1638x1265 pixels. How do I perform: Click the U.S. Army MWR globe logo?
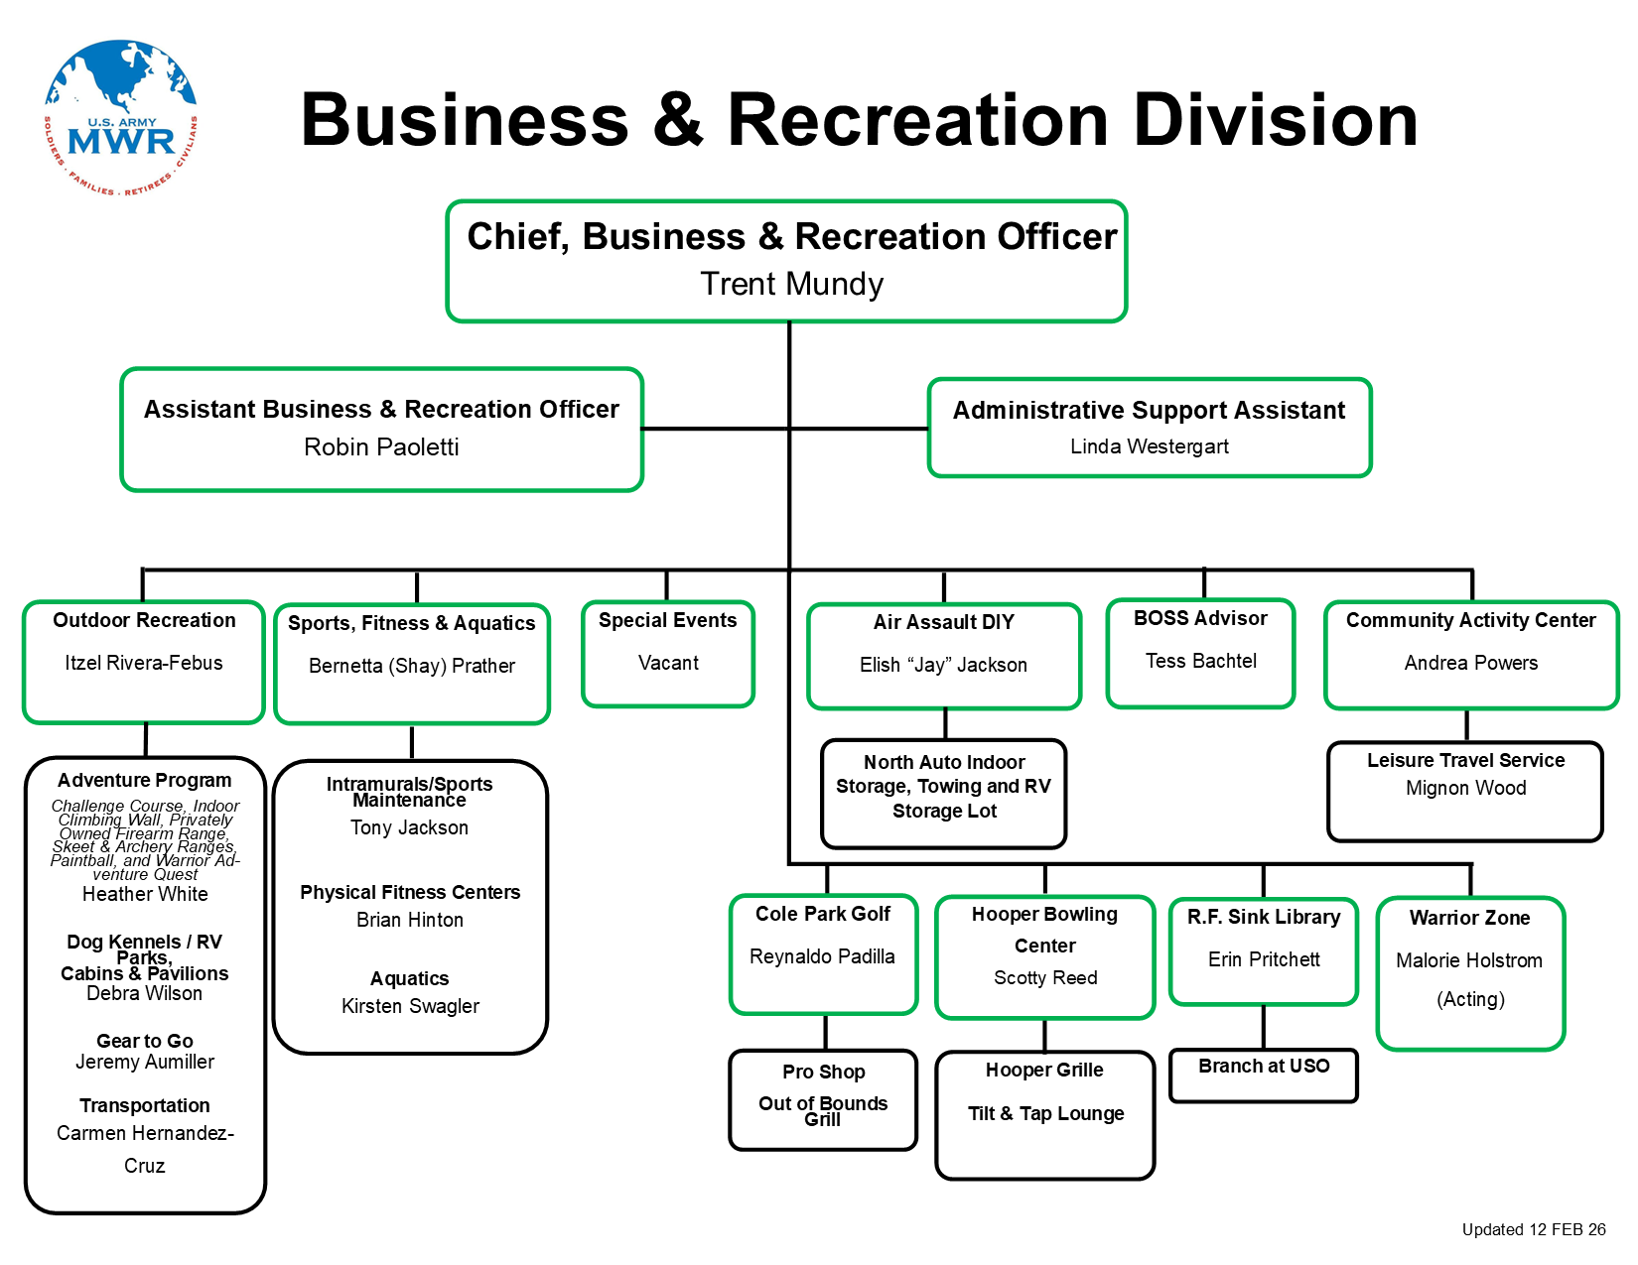120,117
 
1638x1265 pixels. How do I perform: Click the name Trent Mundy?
791,285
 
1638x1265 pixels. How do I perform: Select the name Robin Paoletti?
381,447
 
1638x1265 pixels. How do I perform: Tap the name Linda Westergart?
1149,446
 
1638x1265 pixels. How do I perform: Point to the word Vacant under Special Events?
668,663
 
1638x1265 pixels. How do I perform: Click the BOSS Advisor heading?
1200,618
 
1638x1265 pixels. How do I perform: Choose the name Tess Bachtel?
1200,661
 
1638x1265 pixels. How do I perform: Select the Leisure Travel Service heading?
1465,760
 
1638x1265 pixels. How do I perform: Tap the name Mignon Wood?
1465,788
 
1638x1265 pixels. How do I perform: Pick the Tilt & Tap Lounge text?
1045,1113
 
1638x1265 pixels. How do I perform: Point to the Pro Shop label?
823,1072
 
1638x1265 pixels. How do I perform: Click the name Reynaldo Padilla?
822,956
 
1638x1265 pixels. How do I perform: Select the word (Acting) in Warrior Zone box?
1470,999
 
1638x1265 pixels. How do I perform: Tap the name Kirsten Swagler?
410,1006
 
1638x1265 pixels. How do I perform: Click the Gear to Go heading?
145,1041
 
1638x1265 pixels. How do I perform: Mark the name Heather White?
145,894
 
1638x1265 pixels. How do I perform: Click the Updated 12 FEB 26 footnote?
1533,1229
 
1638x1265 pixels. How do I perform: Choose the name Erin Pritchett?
1264,959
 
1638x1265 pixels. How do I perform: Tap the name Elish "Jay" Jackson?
943,665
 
